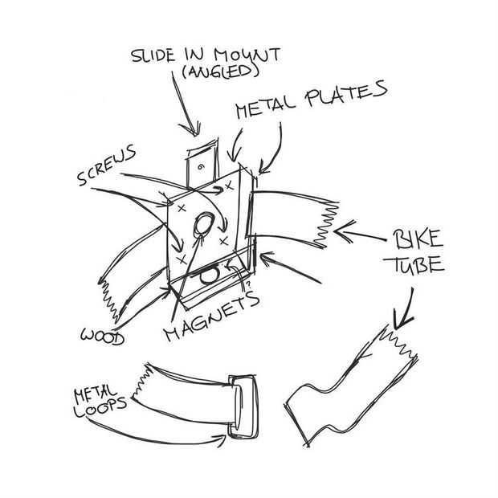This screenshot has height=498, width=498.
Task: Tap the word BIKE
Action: [x=417, y=239]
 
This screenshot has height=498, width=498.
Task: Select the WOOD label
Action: [x=102, y=337]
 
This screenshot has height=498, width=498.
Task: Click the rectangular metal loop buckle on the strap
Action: [x=242, y=406]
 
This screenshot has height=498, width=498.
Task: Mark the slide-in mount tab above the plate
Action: [x=201, y=165]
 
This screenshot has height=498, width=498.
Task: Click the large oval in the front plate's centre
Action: [x=205, y=226]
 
